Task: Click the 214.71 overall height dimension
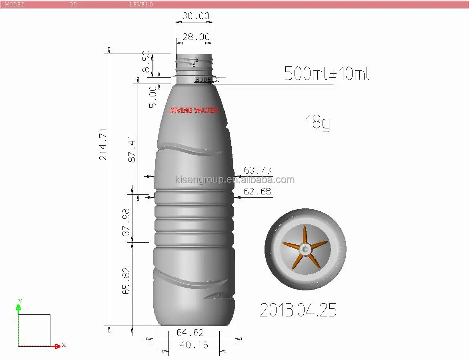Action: point(103,144)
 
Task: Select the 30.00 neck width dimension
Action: point(196,16)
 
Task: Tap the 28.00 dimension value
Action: point(196,37)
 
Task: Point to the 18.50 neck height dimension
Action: point(146,63)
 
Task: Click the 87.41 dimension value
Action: point(132,149)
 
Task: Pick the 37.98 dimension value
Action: point(126,222)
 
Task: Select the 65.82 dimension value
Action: point(126,280)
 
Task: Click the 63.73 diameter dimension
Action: point(258,170)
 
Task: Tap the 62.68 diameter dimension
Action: point(258,191)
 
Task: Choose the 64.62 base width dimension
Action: point(190,332)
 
